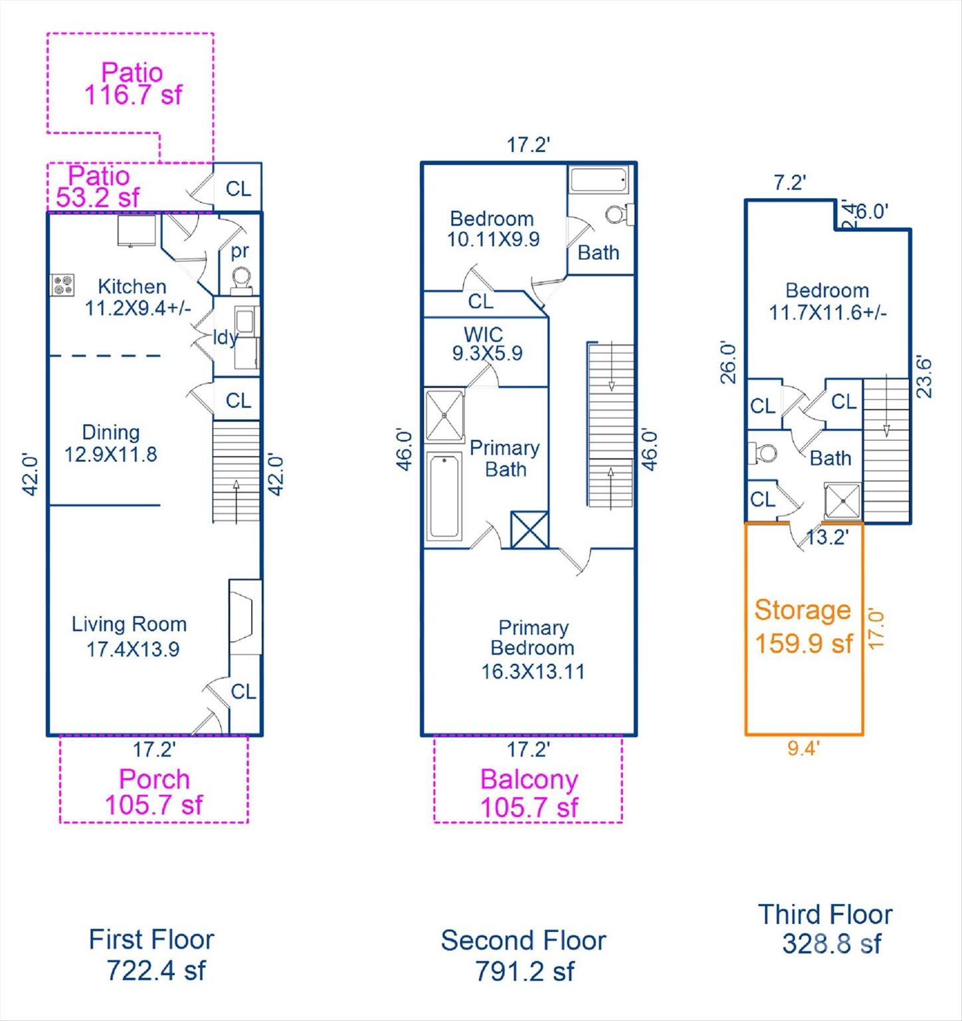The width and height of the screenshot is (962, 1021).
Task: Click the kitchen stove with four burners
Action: click(x=62, y=285)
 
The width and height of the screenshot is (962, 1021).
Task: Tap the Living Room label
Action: click(x=129, y=624)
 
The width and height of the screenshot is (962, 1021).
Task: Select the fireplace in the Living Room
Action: click(x=244, y=617)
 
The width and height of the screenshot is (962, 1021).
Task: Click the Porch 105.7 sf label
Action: click(x=154, y=792)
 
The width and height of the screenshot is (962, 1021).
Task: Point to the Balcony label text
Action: click(x=529, y=780)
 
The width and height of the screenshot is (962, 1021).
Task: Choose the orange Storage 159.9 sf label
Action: click(x=803, y=626)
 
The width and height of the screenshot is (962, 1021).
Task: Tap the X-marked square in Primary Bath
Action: click(x=529, y=530)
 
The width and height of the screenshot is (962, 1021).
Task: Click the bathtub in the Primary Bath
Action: click(x=444, y=496)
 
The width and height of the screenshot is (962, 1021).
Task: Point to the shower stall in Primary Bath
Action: click(x=444, y=416)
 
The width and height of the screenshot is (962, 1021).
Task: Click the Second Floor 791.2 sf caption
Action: click(x=524, y=956)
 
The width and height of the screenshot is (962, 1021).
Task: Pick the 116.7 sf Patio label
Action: click(x=133, y=83)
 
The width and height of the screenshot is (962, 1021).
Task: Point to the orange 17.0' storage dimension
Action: click(x=877, y=629)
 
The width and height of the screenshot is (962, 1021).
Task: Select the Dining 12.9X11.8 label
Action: click(x=110, y=443)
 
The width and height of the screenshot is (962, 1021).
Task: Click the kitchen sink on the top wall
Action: click(x=137, y=231)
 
